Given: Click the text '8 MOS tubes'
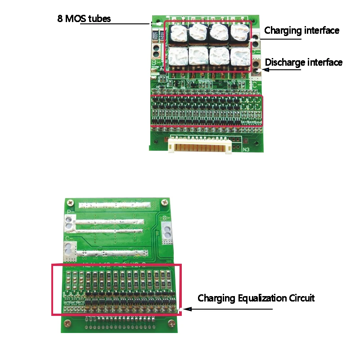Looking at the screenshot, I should (84, 19).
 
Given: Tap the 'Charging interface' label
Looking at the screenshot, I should (301, 31).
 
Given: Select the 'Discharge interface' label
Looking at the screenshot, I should (304, 62).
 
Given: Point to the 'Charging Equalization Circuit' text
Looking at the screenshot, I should (256, 298).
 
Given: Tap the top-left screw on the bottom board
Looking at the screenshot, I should (70, 201).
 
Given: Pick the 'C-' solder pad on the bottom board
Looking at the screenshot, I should (70, 249).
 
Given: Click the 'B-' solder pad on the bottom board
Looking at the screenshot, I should (167, 230).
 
